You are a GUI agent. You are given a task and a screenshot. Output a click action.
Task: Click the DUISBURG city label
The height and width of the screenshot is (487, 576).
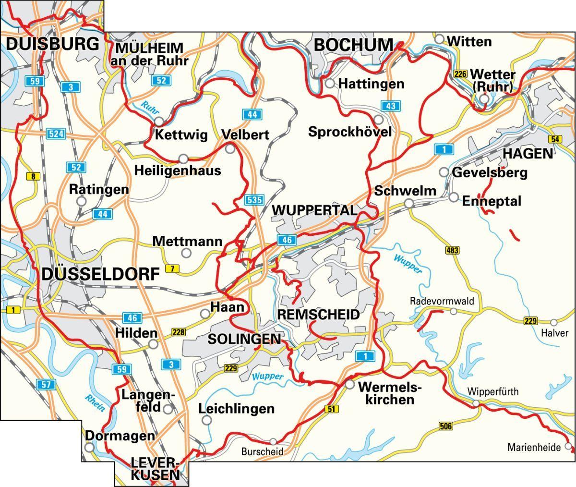click(x=53, y=44)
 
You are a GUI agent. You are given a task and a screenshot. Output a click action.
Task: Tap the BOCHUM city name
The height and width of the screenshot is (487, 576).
click(x=353, y=45)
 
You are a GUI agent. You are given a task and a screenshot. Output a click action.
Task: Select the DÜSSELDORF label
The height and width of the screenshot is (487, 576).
click(x=100, y=274)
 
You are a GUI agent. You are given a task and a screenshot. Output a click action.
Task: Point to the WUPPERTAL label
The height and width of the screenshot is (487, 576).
click(x=315, y=210)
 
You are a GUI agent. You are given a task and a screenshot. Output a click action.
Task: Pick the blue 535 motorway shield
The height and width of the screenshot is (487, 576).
click(x=253, y=200)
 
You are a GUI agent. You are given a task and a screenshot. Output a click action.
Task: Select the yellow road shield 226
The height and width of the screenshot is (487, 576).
click(x=460, y=74)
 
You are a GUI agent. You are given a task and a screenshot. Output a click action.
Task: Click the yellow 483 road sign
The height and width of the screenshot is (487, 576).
click(x=452, y=250)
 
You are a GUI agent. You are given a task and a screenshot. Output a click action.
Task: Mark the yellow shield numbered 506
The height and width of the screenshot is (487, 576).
click(x=446, y=426)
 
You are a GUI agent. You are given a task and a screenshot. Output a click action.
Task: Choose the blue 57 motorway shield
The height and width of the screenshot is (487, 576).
click(x=47, y=384)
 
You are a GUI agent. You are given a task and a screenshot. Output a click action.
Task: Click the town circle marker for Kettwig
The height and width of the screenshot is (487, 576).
click(x=159, y=122)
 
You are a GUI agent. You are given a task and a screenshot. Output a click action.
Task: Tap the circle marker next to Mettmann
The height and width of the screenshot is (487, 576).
click(x=186, y=253)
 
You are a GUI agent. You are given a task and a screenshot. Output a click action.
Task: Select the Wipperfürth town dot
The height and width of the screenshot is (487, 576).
click(x=475, y=403)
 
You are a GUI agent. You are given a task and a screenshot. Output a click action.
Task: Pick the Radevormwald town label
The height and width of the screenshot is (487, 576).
click(x=442, y=301)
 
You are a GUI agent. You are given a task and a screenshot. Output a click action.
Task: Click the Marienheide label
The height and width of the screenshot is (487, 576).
click(x=534, y=448)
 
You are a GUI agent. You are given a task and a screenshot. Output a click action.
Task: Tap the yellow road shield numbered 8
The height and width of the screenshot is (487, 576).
click(x=32, y=177)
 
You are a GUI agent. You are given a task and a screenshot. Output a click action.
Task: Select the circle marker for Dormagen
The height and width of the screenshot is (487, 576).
click(x=89, y=447)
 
